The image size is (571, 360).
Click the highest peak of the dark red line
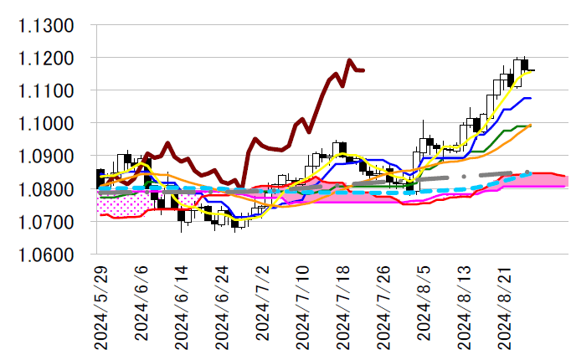(349, 60)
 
